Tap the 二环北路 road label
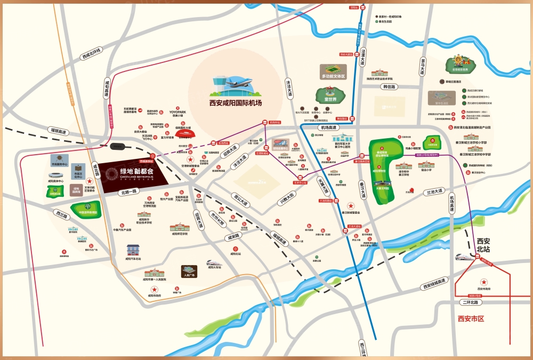471,302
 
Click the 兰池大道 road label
434,191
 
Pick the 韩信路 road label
390,86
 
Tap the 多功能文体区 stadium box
334,72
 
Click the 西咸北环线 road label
91,54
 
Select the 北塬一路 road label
129,191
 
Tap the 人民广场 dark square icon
189,271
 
